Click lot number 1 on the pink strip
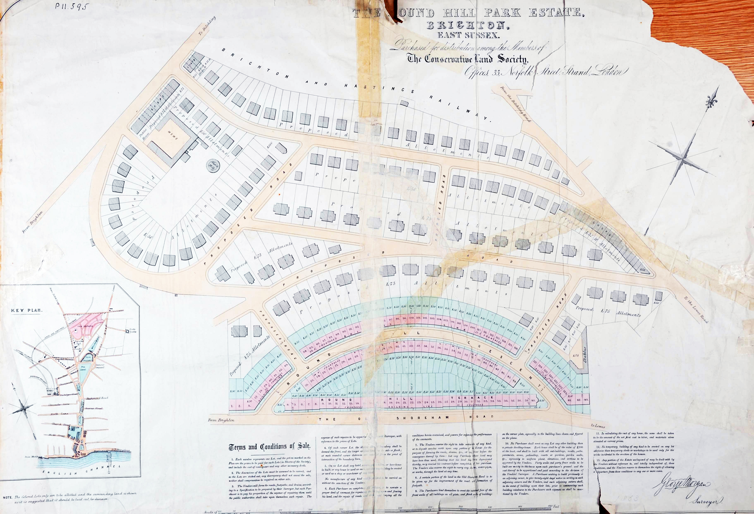coord(233,405)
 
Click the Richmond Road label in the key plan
coord(97,398)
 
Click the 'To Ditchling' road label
coord(207,26)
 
